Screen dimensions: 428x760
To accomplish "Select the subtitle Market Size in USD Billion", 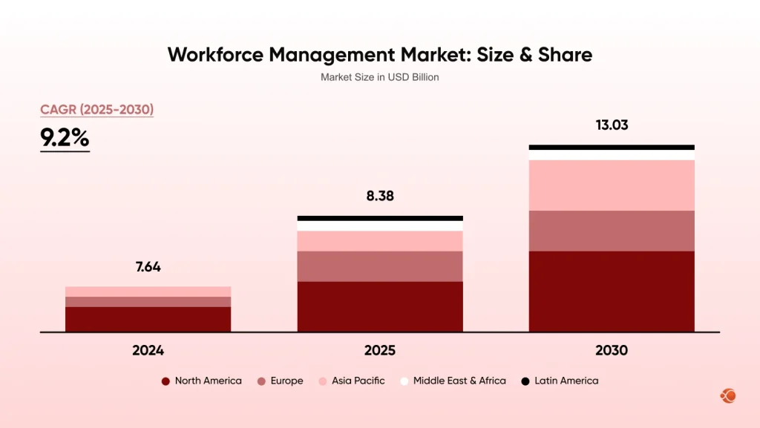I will click(x=379, y=77).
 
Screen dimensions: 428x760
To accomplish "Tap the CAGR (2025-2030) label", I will click(x=96, y=110).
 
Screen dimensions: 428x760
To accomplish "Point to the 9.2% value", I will click(x=65, y=138).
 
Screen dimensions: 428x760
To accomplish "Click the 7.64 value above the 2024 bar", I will click(x=148, y=267).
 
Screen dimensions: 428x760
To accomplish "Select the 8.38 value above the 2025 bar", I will click(x=379, y=197).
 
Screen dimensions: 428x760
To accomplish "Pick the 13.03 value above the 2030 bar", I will click(x=612, y=125).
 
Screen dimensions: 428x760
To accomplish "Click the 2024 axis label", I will click(x=148, y=351).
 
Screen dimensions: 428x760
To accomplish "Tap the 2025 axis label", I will click(x=379, y=351).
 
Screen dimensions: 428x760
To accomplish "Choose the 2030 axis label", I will click(x=612, y=351).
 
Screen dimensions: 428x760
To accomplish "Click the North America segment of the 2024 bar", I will click(x=148, y=319).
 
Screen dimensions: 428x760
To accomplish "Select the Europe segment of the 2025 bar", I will click(x=379, y=266).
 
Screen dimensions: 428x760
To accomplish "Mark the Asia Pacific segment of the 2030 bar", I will click(x=612, y=185).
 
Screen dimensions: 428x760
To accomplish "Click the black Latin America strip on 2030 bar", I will click(x=612, y=148).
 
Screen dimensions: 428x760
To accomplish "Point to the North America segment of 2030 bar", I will click(x=612, y=291).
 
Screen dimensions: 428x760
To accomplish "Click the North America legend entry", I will click(x=201, y=381).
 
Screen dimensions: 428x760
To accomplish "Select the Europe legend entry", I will click(x=280, y=381).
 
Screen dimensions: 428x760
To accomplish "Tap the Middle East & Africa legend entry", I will click(x=452, y=381).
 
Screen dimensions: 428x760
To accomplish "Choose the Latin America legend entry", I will click(x=559, y=381).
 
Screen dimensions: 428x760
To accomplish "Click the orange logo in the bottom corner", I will click(x=727, y=396).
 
